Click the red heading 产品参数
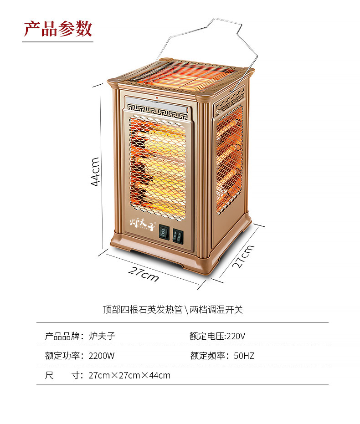pyautogui.click(x=58, y=28)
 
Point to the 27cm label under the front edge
pyautogui.click(x=144, y=274)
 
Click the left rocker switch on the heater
pyautogui.click(x=164, y=234)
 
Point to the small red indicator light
pyautogui.click(x=156, y=97)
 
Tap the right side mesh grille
pyautogui.click(x=229, y=159)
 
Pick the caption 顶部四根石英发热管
pyautogui.click(x=142, y=310)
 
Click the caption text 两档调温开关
pyautogui.click(x=216, y=310)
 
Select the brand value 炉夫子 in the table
pyautogui.click(x=102, y=336)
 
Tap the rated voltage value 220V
pyautogui.click(x=236, y=336)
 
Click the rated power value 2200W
pyautogui.click(x=102, y=356)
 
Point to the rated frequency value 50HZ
pyautogui.click(x=244, y=356)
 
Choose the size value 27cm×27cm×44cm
pyautogui.click(x=129, y=375)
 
